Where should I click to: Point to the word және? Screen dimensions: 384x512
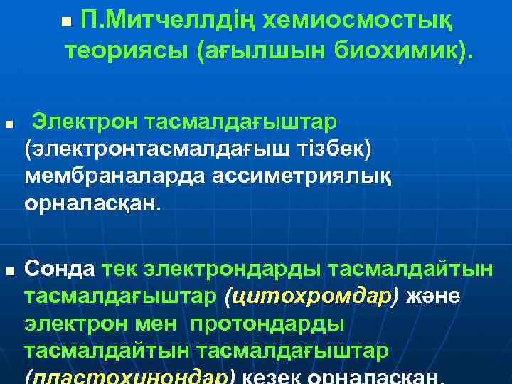point(433,297)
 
